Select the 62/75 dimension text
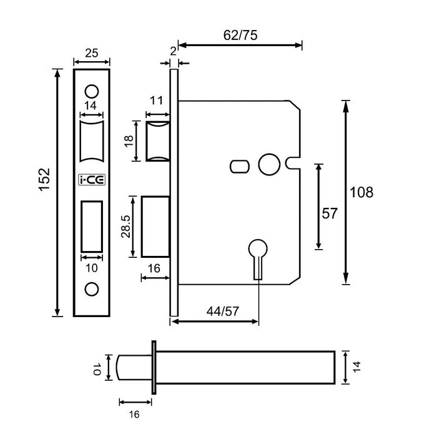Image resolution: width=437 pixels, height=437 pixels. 240,35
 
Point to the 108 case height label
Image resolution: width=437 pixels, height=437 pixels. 361,193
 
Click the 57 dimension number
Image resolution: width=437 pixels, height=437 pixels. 329,214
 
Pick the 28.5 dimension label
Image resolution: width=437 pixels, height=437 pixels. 125,226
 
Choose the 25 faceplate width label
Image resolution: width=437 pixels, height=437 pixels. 91,53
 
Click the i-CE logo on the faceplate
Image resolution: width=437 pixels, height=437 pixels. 92,180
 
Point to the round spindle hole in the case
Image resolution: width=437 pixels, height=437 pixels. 268,163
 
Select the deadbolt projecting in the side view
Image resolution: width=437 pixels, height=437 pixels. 155,227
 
